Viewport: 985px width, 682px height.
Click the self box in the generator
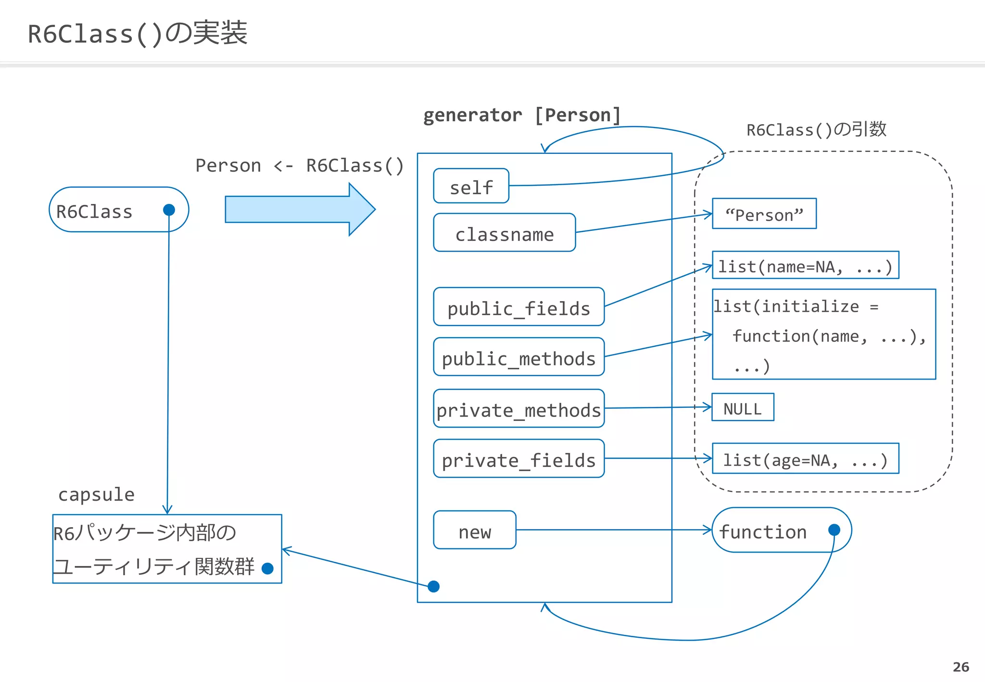(x=471, y=186)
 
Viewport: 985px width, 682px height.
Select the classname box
(x=504, y=233)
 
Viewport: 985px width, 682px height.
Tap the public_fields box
(x=518, y=307)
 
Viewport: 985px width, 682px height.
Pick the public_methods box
(x=518, y=357)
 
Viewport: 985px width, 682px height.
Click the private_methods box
(x=518, y=409)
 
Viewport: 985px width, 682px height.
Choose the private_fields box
(x=518, y=459)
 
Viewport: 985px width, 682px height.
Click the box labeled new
(x=474, y=530)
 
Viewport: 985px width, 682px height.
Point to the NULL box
(x=743, y=407)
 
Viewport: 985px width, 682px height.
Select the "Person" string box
(x=764, y=214)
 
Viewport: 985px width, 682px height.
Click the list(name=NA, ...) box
(x=805, y=265)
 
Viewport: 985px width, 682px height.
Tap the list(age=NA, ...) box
(x=805, y=459)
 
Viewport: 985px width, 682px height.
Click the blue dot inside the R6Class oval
(x=169, y=210)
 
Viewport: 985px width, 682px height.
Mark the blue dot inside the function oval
(x=834, y=530)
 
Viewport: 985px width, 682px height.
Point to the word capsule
(x=96, y=494)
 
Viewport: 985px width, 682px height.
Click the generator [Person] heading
(x=522, y=115)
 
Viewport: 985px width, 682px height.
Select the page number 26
(x=960, y=667)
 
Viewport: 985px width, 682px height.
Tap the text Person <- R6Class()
(x=299, y=165)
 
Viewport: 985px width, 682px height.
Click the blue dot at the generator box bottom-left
(x=433, y=586)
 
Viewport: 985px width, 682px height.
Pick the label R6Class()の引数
(x=816, y=129)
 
